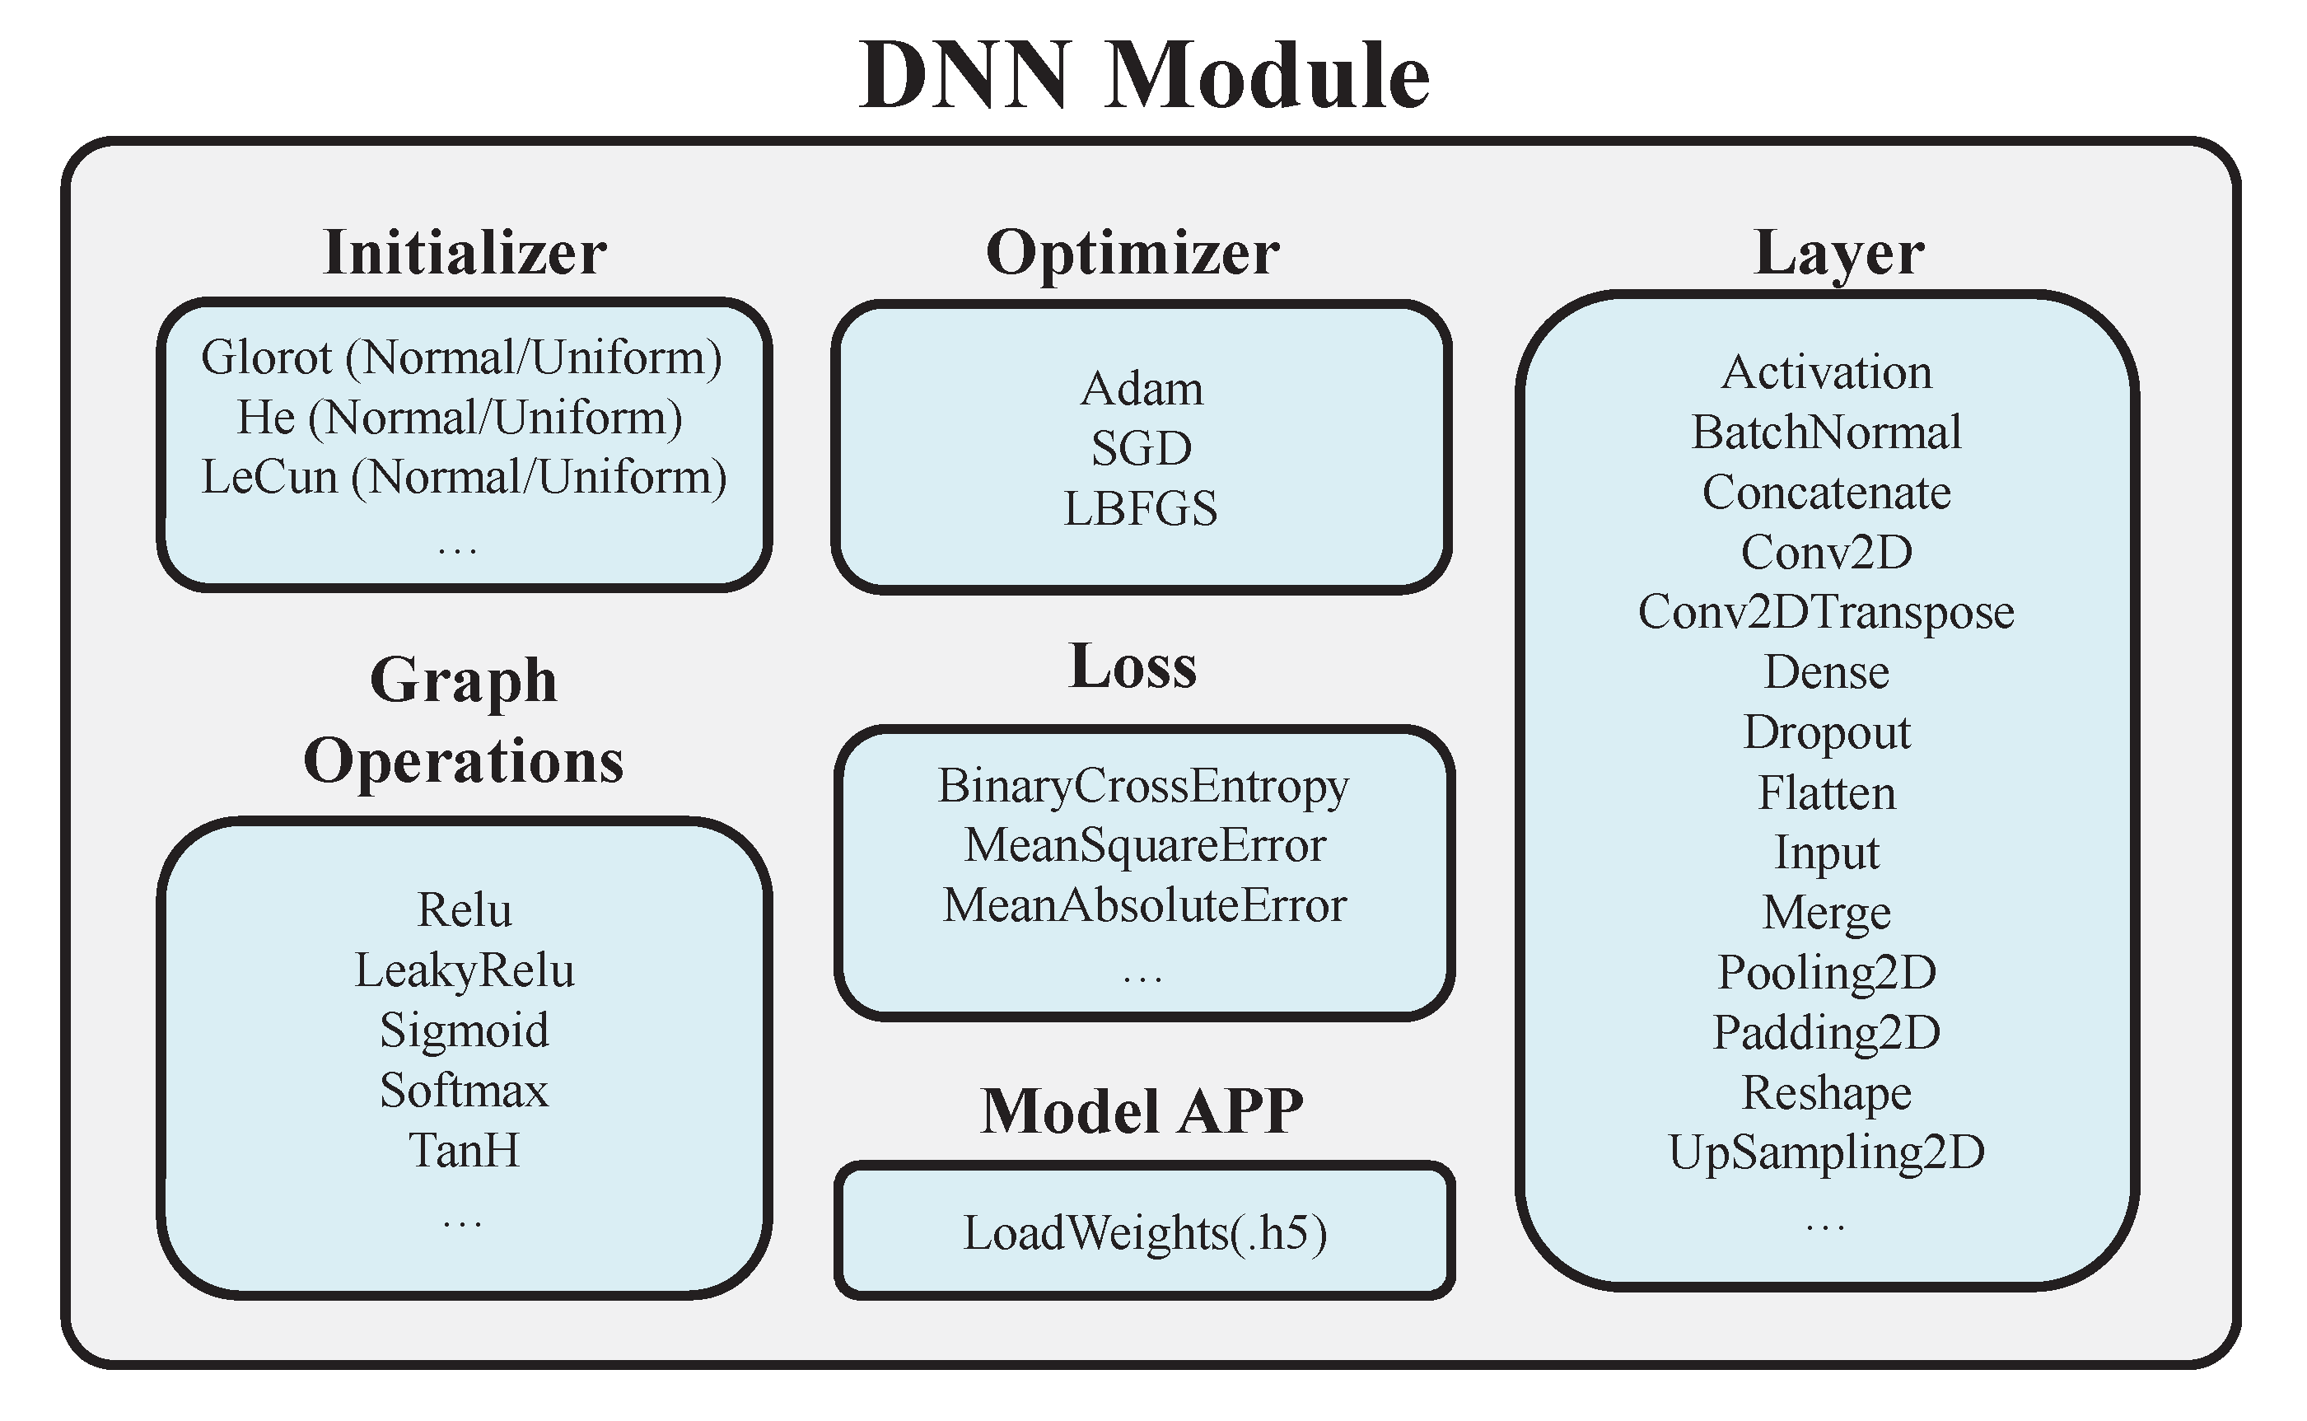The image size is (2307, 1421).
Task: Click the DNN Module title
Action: (1144, 77)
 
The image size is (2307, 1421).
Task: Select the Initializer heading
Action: (465, 253)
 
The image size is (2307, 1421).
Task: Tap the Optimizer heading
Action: (1132, 253)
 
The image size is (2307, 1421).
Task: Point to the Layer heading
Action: (1839, 253)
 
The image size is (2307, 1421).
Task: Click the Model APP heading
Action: (1142, 1112)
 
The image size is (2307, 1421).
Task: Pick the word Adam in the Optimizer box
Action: (1142, 389)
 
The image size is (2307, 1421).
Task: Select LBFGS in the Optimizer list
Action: (1140, 509)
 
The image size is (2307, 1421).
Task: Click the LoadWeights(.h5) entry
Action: (1145, 1233)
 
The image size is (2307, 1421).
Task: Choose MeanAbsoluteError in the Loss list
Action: (1145, 906)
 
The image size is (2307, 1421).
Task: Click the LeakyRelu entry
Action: (465, 971)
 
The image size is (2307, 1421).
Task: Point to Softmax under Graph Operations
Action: (465, 1091)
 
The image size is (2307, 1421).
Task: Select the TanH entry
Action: (465, 1150)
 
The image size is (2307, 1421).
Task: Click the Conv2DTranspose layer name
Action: (1826, 613)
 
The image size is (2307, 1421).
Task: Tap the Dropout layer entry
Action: (1827, 732)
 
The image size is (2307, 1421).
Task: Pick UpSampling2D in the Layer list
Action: (1826, 1153)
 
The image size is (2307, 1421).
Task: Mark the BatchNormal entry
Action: (1826, 433)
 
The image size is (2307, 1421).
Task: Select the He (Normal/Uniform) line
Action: (460, 418)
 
